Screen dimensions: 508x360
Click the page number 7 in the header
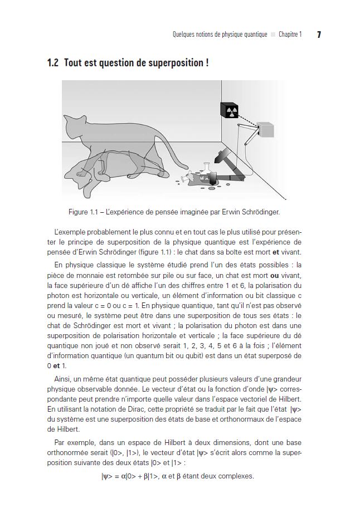(x=319, y=35)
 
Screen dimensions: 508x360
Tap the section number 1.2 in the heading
(x=54, y=63)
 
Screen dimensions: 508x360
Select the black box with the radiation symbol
(x=230, y=111)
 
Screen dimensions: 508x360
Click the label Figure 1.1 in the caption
(x=82, y=212)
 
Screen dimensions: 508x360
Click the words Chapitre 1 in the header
(x=290, y=35)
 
